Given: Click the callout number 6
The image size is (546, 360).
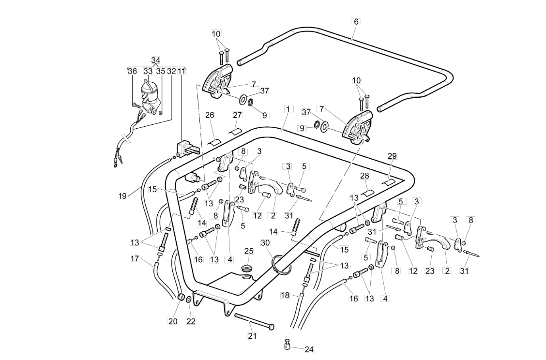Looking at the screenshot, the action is [x=356, y=22].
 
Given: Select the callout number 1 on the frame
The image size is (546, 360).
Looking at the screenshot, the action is [x=288, y=109].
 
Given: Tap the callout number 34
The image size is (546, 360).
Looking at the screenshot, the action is [x=156, y=60].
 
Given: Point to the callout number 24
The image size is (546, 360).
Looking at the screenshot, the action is [x=309, y=349].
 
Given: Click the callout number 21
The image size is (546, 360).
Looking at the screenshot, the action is [x=252, y=336].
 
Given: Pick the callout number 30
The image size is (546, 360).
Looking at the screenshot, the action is [x=265, y=243].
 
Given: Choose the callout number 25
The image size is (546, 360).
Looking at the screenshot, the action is [x=249, y=251].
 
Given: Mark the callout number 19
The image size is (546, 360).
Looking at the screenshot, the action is [x=122, y=196].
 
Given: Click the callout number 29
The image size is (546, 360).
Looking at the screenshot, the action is [x=392, y=156].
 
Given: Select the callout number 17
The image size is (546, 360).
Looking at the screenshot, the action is [x=135, y=259].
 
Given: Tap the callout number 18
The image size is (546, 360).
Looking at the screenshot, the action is [x=285, y=296].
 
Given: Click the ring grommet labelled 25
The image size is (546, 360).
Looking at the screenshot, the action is [x=247, y=269].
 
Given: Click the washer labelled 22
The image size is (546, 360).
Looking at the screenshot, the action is [x=188, y=300].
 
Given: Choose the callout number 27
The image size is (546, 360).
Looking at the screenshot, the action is [x=237, y=115].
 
